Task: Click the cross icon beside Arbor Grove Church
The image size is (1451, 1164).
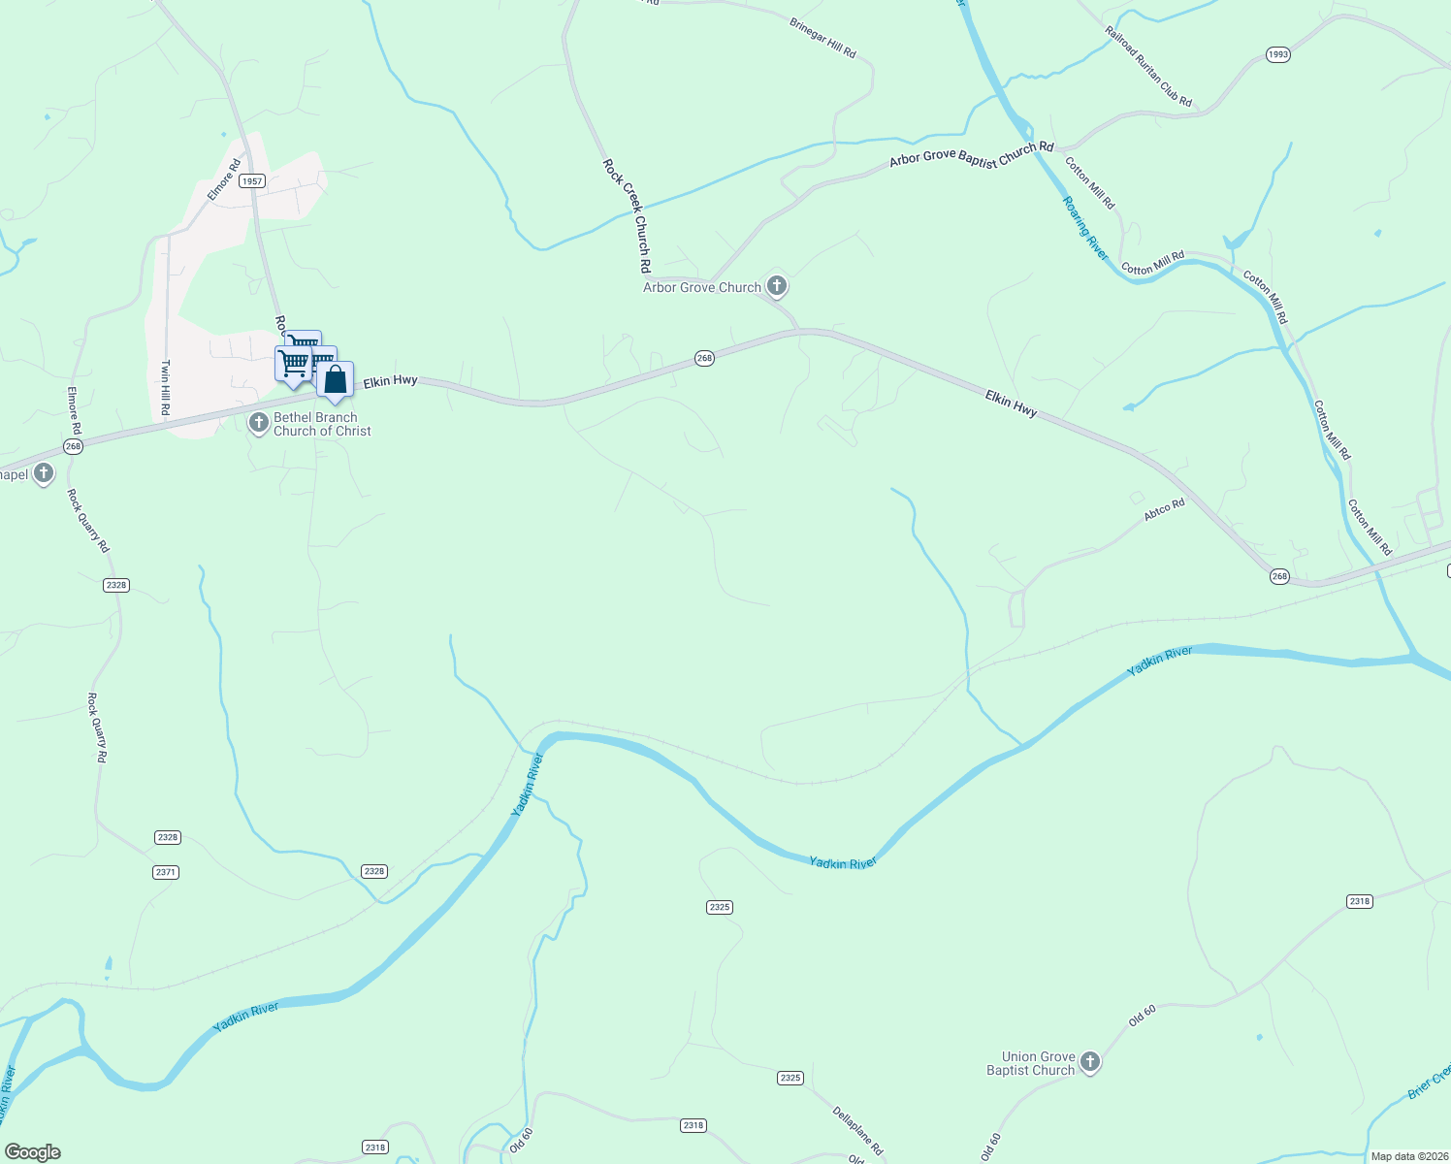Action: point(776,286)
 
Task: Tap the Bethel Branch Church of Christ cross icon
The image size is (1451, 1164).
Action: point(258,423)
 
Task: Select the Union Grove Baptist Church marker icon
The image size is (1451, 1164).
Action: point(1090,1062)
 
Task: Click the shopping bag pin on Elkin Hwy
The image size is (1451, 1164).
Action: point(335,380)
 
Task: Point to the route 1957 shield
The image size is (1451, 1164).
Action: point(252,181)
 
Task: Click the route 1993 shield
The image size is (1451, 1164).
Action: point(1278,54)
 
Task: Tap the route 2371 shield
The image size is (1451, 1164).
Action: point(166,872)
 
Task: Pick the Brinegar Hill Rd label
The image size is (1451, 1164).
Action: point(822,38)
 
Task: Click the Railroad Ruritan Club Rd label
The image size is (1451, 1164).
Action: point(1147,66)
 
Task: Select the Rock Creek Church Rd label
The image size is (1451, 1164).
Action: point(627,215)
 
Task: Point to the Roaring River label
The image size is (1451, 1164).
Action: point(1084,228)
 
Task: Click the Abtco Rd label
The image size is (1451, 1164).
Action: point(1164,509)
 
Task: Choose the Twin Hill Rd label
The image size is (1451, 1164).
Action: point(166,388)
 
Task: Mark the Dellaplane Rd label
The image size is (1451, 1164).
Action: point(857,1130)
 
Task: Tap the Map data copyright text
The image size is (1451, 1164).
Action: point(1409,1156)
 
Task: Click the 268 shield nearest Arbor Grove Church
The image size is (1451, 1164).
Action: point(704,358)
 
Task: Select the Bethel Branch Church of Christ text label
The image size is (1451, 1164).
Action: point(322,424)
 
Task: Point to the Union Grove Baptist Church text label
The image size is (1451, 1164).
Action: point(1031,1063)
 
